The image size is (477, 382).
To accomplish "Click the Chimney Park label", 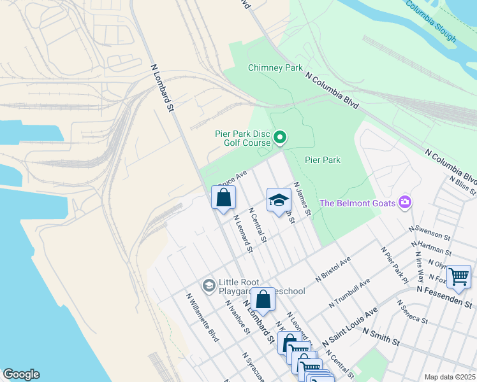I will click(x=276, y=67).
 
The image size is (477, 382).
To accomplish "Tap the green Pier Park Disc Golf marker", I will click(x=279, y=137).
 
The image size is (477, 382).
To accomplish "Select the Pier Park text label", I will click(x=323, y=160).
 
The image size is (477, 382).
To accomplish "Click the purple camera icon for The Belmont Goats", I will click(x=404, y=202).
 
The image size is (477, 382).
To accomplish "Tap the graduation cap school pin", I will click(x=279, y=201).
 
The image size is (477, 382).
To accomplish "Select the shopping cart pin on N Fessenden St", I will click(x=459, y=277).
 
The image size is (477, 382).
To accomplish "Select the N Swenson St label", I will click(x=432, y=232).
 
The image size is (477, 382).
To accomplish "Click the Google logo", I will click(x=21, y=374).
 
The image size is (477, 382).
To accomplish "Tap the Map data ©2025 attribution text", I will click(x=450, y=377).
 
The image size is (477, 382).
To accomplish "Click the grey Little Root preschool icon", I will click(x=209, y=286).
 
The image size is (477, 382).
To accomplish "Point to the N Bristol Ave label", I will click(x=334, y=271).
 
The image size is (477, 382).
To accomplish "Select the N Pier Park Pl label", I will click(x=394, y=264).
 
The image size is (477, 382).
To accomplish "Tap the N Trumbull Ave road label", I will click(x=349, y=294).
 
